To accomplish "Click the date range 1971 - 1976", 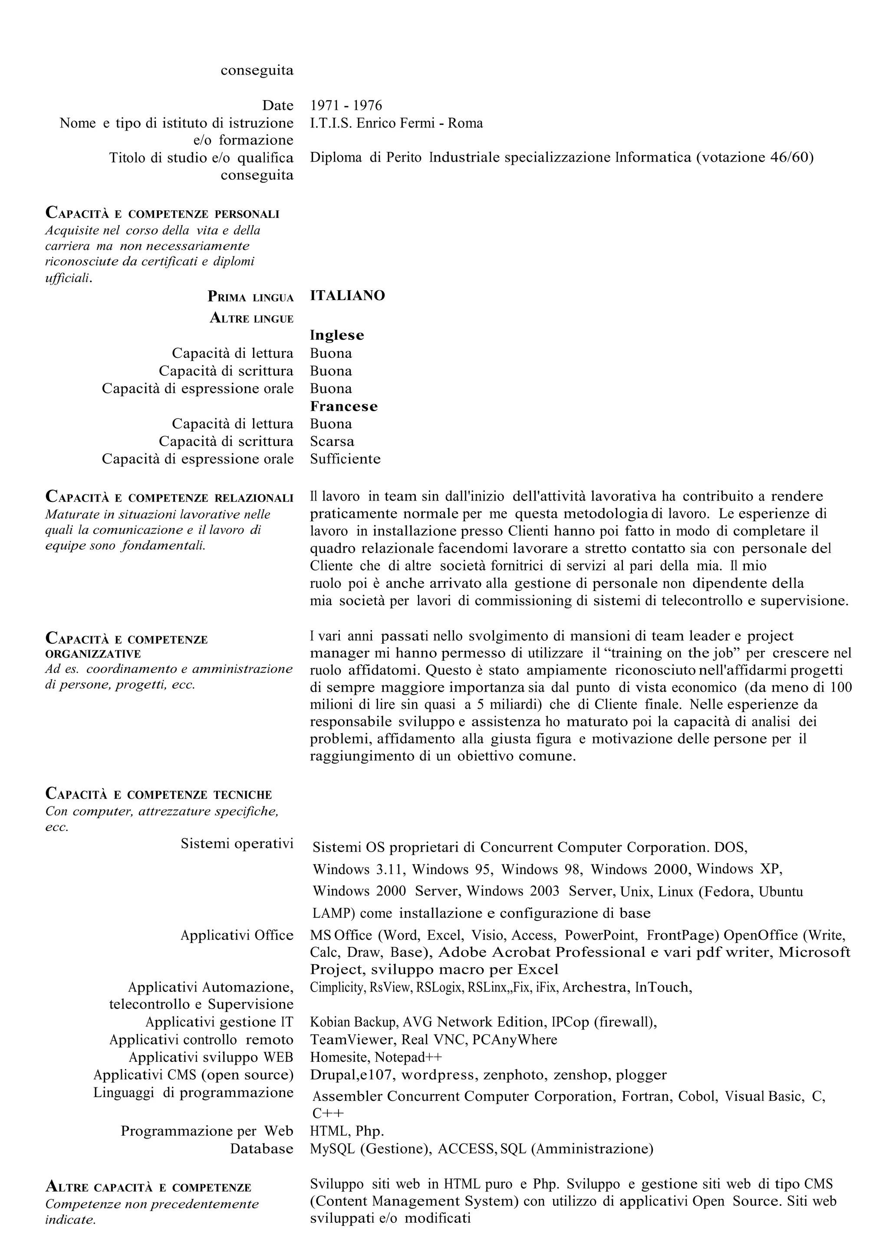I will (346, 106).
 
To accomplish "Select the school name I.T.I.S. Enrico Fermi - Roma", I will (396, 123).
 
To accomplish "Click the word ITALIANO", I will (347, 296).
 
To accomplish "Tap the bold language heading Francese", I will (343, 406).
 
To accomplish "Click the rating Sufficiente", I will (345, 459).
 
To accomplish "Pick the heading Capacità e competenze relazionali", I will (169, 498).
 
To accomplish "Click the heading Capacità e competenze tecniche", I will (158, 794).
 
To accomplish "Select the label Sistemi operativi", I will (237, 844).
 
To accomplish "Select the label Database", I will (261, 1149).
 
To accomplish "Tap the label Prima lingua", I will (250, 297).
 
